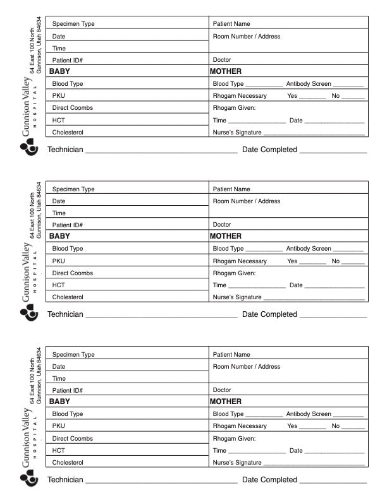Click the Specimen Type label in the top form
tap(73, 24)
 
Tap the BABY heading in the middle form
tap(59, 236)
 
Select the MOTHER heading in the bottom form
tap(226, 402)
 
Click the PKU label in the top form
tap(59, 96)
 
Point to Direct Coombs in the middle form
tap(72, 273)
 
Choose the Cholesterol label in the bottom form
tap(68, 463)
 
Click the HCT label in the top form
tap(59, 120)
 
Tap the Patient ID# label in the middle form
tap(67, 225)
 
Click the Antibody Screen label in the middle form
tap(309, 249)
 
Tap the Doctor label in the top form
tap(222, 60)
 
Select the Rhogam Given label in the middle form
tap(234, 273)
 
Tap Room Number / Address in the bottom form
tap(247, 367)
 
